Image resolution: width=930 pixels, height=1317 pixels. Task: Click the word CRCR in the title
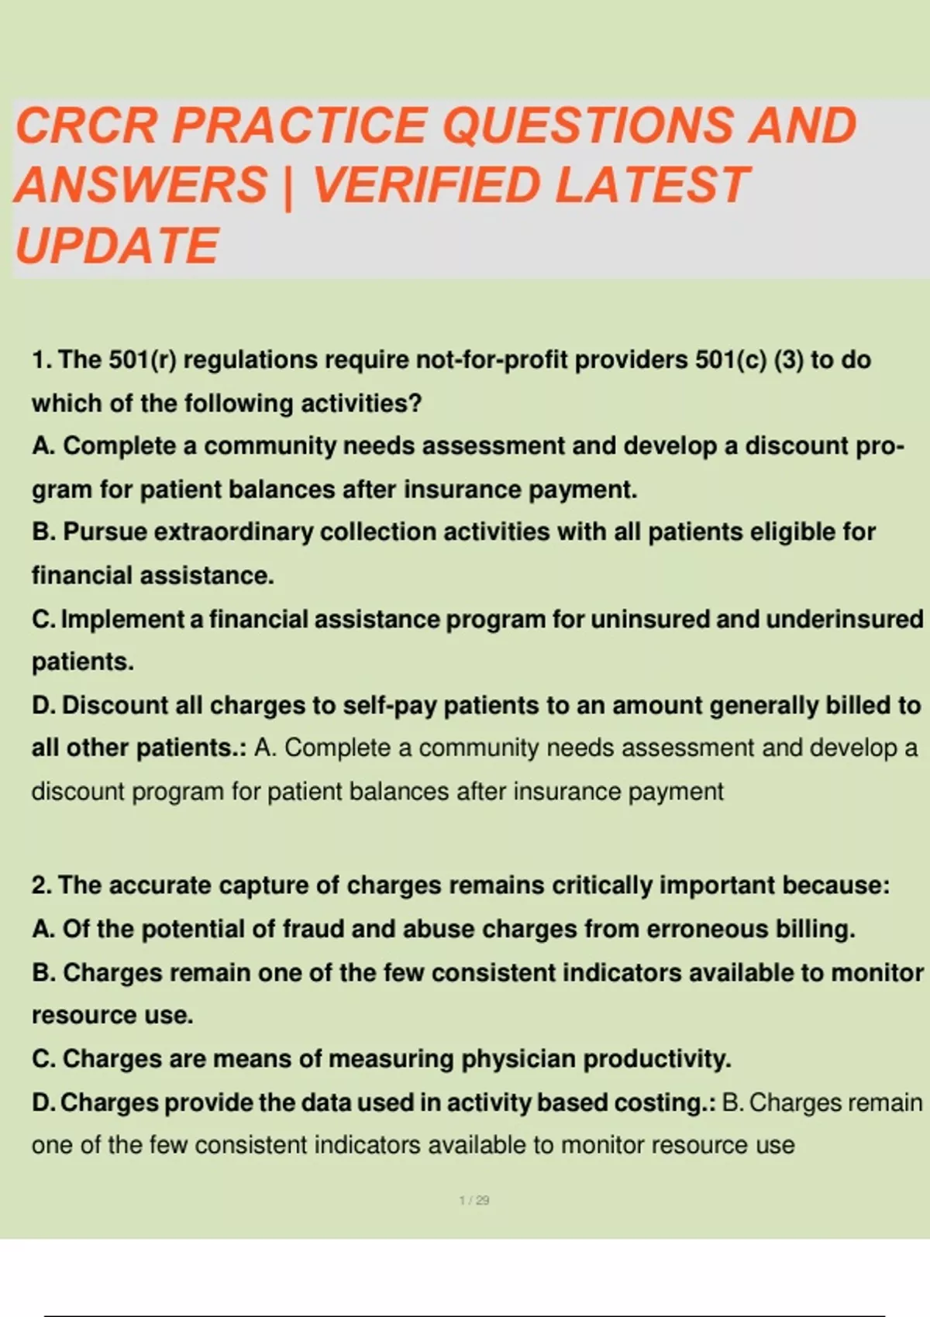[x=87, y=125]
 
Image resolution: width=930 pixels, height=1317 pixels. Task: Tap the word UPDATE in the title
[x=118, y=245]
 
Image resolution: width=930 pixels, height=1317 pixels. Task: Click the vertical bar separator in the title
[x=288, y=186]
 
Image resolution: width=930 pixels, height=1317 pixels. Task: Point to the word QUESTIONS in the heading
[x=587, y=126]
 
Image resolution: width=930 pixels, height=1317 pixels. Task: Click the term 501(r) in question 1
[x=143, y=359]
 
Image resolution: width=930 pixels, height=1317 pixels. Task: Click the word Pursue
[x=105, y=531]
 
